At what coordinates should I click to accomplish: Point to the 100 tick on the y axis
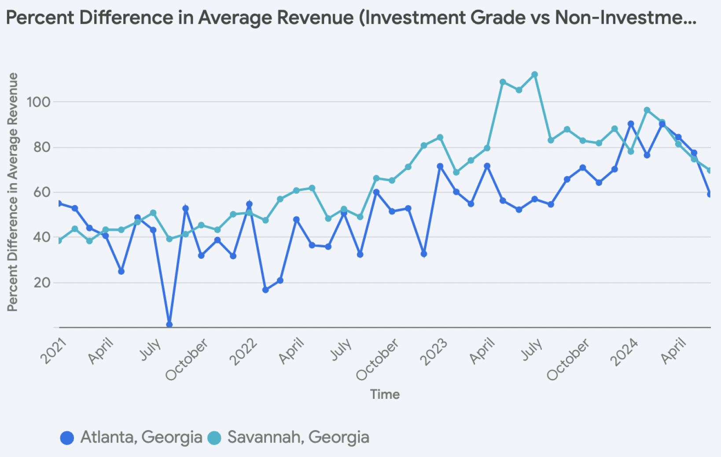pyautogui.click(x=39, y=102)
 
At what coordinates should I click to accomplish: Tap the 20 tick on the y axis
pyautogui.click(x=42, y=283)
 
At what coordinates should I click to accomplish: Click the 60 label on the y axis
pyautogui.click(x=42, y=192)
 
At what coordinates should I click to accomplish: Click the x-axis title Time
pyautogui.click(x=385, y=394)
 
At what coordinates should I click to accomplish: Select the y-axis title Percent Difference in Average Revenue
pyautogui.click(x=13, y=192)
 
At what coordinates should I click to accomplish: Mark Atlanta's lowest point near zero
pyautogui.click(x=169, y=324)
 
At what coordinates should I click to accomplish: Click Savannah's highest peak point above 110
pyautogui.click(x=534, y=75)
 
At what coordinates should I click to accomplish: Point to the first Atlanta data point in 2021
pyautogui.click(x=59, y=203)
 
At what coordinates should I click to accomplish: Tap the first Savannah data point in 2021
pyautogui.click(x=59, y=240)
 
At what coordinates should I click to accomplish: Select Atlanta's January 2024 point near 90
pyautogui.click(x=631, y=124)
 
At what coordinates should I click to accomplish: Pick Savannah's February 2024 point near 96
pyautogui.click(x=647, y=110)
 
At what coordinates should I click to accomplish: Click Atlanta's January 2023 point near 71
pyautogui.click(x=440, y=166)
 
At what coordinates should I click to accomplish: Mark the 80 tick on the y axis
pyautogui.click(x=42, y=147)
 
